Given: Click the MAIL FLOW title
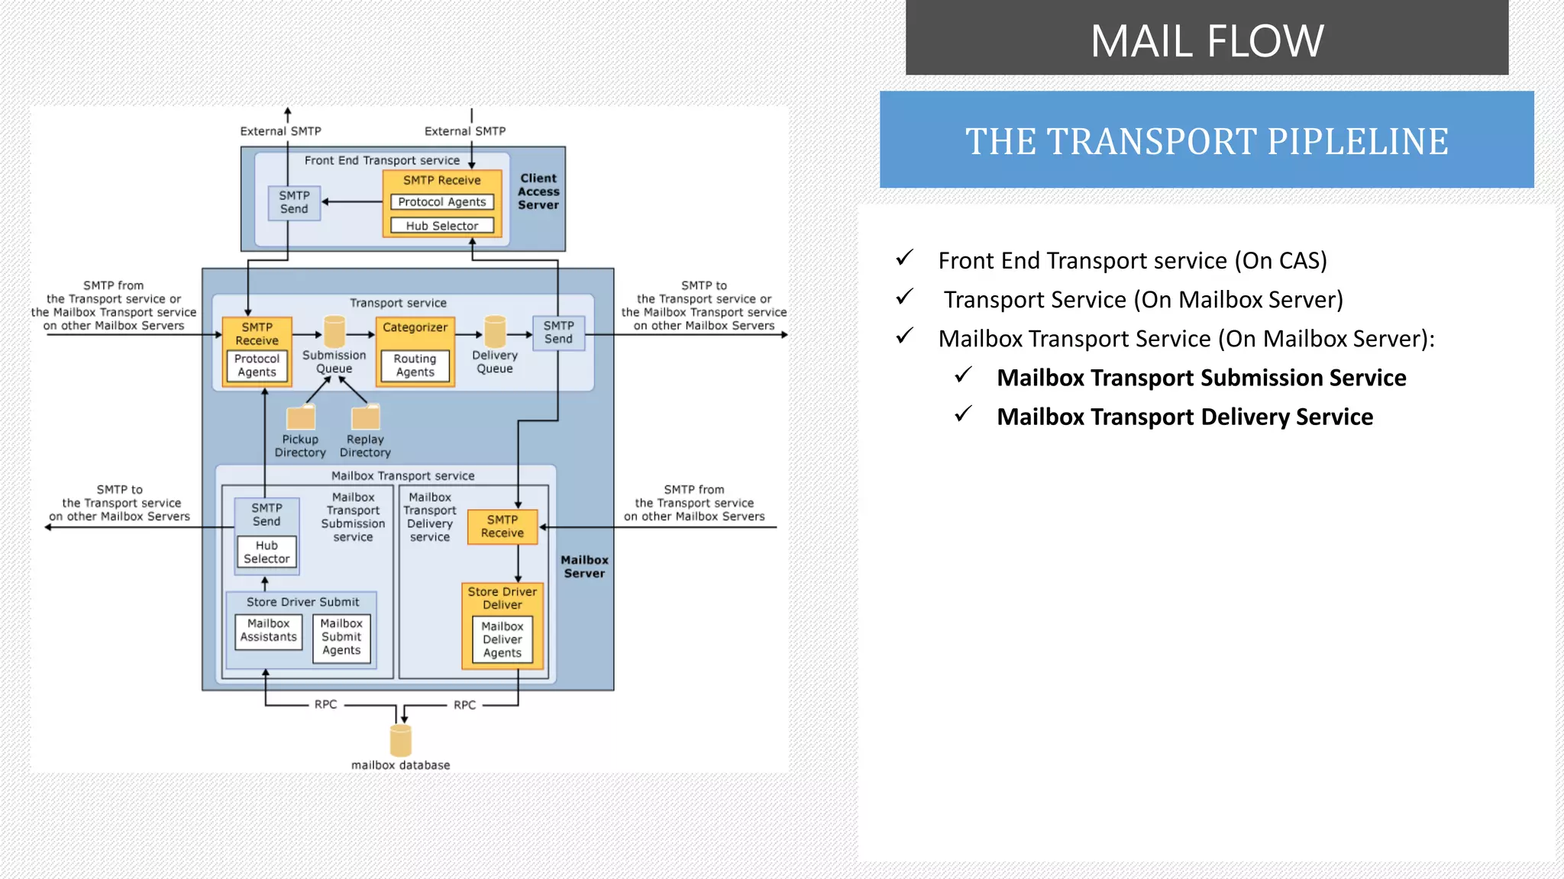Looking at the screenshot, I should (1207, 41).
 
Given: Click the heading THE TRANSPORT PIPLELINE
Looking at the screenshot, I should (1207, 141).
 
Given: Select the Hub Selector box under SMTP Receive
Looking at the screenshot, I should (442, 226).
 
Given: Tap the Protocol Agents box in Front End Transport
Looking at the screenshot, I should (442, 202).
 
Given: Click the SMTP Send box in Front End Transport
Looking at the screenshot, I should (294, 202).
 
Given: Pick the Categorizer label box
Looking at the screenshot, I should (415, 327).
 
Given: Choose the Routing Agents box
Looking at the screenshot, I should (415, 365).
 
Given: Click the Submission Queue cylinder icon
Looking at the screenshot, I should (334, 332).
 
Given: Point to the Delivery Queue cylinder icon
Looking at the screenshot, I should (495, 332).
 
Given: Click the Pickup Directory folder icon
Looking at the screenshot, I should (301, 417).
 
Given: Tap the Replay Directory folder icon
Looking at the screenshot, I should (366, 417).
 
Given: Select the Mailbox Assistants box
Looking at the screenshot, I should (269, 631).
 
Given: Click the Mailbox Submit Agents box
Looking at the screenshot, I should (341, 637).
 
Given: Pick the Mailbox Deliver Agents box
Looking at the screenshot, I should (502, 639).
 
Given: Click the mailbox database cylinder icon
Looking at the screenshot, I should (401, 740).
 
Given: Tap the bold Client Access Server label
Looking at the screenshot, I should (538, 192).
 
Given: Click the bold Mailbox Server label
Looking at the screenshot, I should (584, 567).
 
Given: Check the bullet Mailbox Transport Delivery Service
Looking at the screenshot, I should (1184, 417).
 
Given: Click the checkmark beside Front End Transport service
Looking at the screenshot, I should (905, 258).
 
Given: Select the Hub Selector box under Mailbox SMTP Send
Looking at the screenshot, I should (267, 552).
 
